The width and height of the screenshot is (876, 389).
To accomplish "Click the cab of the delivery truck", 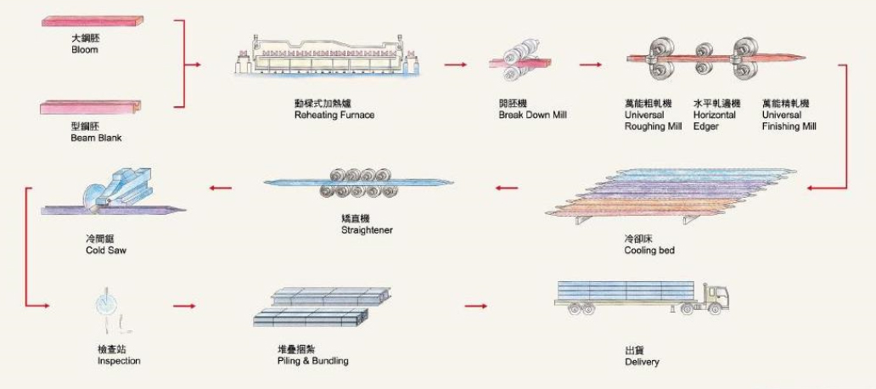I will point(717,296).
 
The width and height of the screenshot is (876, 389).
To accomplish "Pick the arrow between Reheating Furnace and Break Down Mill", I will point(456,64).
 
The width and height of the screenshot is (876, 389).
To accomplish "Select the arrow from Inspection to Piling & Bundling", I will point(184,303).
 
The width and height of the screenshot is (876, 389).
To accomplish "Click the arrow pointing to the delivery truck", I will point(477,303).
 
